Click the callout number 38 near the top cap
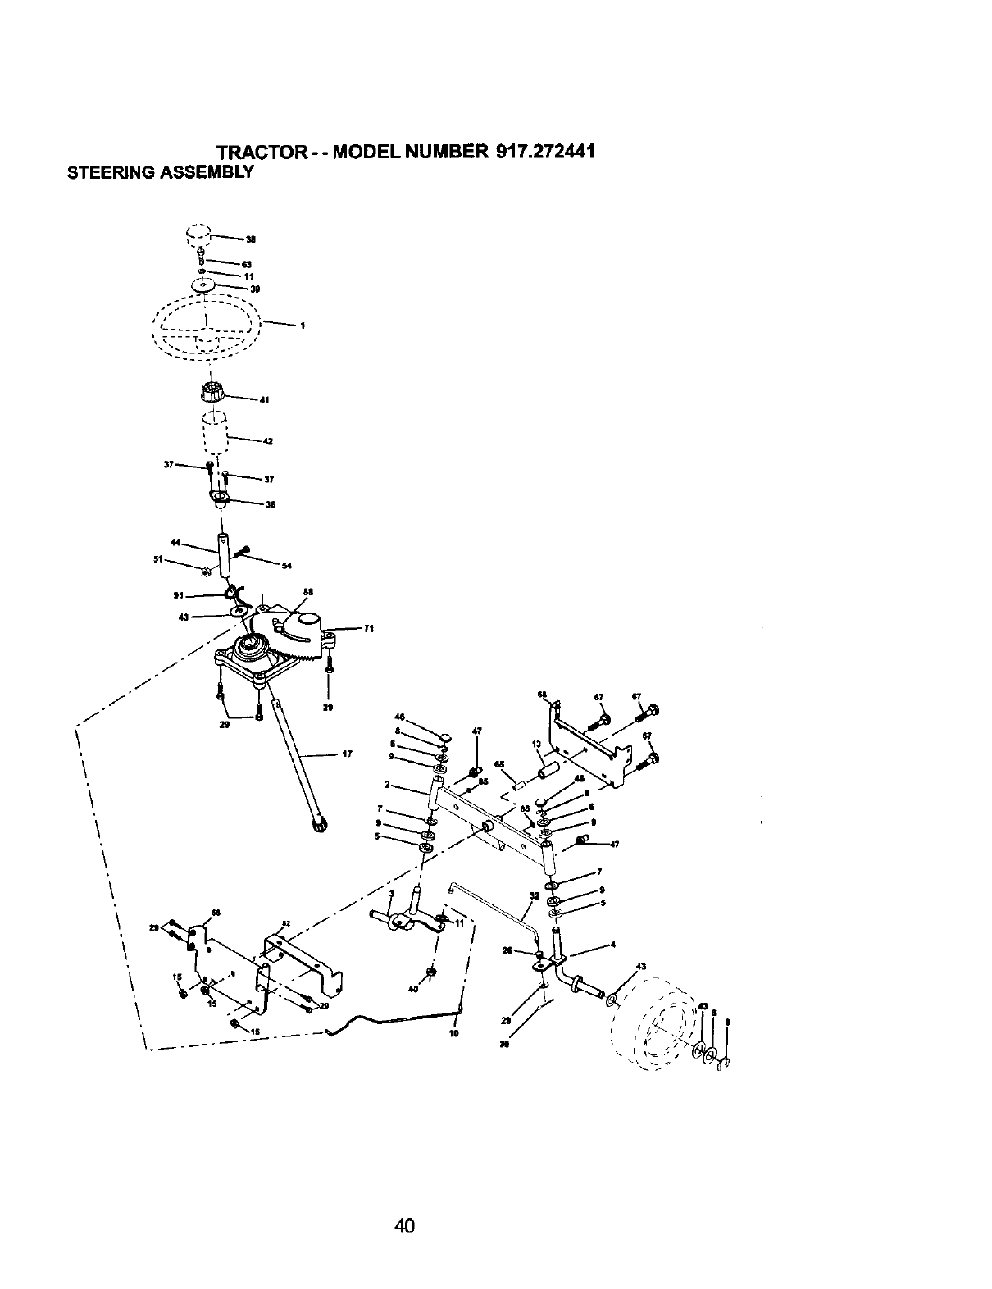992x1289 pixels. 251,240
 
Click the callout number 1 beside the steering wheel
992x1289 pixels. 303,326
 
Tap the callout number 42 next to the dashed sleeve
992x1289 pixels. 267,442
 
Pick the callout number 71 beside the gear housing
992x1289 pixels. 368,629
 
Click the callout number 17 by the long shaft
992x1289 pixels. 347,754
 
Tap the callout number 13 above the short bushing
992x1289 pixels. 535,745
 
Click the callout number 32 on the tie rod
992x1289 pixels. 535,896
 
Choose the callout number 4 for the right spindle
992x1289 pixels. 613,944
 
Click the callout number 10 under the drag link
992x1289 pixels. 453,1034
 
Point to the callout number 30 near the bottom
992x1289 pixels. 503,1045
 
